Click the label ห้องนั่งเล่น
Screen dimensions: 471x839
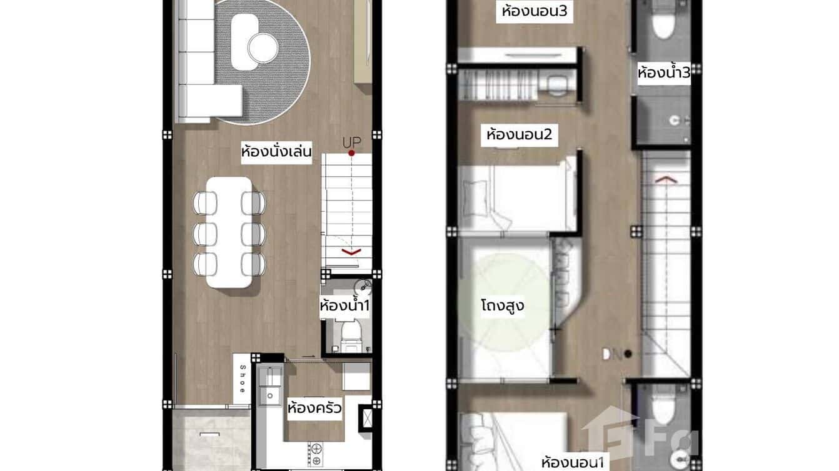coord(276,152)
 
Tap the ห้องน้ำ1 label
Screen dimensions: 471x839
coord(345,306)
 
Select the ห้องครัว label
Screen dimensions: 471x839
coord(314,409)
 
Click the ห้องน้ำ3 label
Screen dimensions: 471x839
coord(664,73)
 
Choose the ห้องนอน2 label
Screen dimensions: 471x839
coord(519,134)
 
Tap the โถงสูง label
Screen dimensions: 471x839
coord(502,306)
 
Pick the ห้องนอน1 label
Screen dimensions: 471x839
coord(573,463)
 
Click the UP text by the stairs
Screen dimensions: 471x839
coord(351,142)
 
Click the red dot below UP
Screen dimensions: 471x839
coord(351,153)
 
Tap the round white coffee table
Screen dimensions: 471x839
coord(262,46)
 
